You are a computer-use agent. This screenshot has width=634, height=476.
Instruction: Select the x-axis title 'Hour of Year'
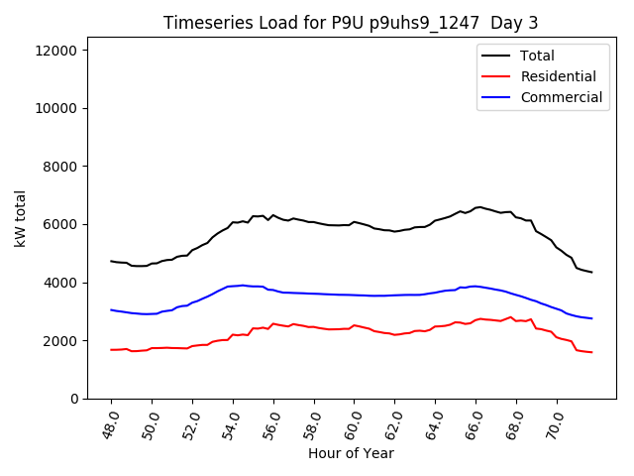[351, 453]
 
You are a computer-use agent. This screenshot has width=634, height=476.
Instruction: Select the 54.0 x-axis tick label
[230, 421]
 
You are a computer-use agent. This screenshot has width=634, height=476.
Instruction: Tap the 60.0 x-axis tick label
[352, 421]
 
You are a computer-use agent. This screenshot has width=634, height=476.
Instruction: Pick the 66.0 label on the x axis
[473, 421]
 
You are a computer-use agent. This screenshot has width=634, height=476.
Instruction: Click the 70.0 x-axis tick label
[554, 421]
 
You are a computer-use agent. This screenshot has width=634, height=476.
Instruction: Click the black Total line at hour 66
[475, 207]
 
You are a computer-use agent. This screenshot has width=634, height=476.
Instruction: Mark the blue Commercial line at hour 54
[233, 286]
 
